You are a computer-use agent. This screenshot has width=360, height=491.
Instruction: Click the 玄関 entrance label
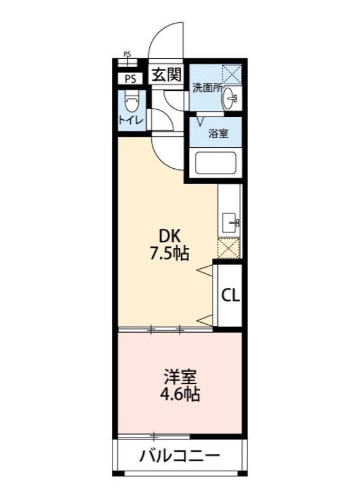[166, 75]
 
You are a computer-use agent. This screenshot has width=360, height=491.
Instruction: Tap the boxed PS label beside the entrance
[130, 79]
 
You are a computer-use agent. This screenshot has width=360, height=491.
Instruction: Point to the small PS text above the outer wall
[127, 54]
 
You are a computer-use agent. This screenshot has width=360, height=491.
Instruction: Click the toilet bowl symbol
[131, 101]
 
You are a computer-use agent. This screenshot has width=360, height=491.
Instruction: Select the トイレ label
[131, 120]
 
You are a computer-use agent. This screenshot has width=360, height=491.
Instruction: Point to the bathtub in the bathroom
[216, 164]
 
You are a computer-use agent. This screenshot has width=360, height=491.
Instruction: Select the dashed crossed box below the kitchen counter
[229, 249]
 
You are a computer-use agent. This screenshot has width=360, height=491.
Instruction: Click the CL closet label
[230, 295]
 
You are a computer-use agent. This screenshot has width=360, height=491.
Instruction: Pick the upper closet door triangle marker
[204, 269]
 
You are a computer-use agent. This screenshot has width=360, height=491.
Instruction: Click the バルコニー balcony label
[179, 457]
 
